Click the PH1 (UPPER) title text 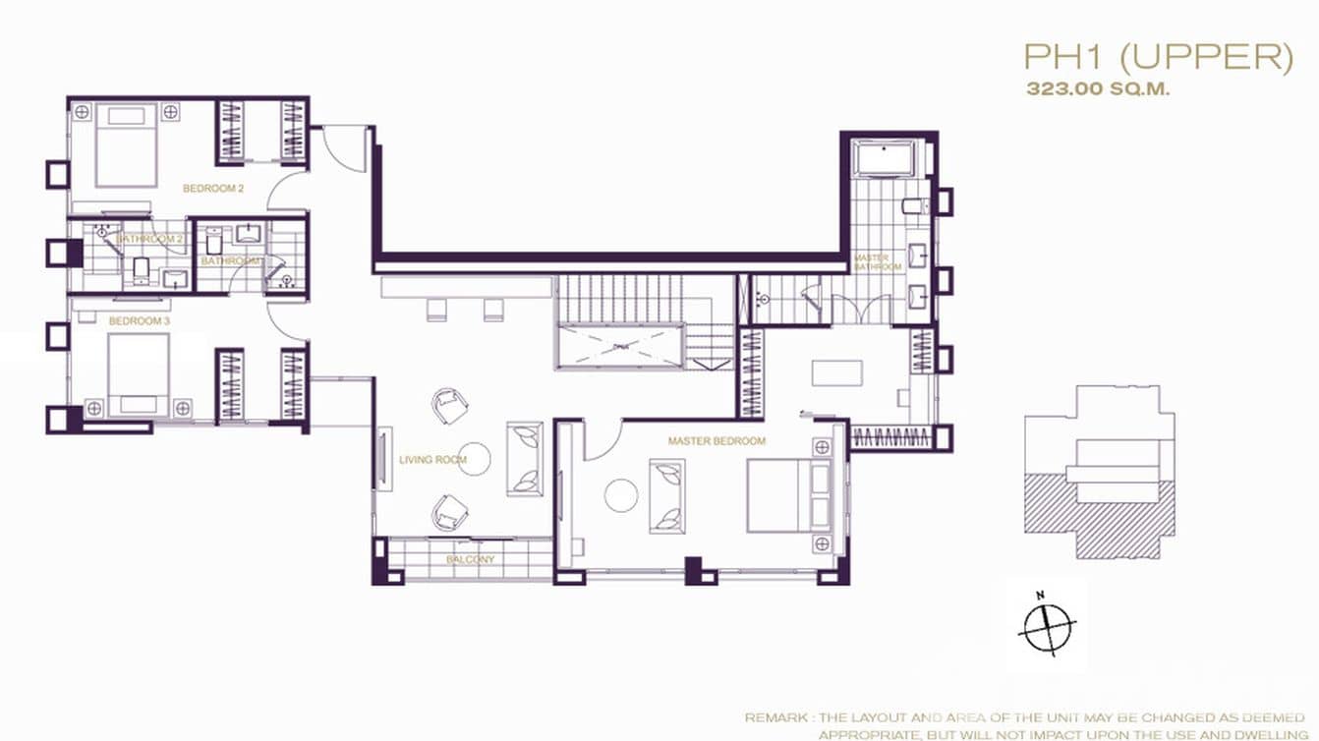(x=1157, y=57)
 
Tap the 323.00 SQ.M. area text (x=1098, y=89)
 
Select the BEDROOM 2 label (x=213, y=188)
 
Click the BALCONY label (x=470, y=559)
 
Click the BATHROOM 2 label (x=149, y=239)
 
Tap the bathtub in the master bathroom (x=883, y=157)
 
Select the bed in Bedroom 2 (x=127, y=144)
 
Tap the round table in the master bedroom (x=621, y=494)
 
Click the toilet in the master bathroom (x=911, y=205)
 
